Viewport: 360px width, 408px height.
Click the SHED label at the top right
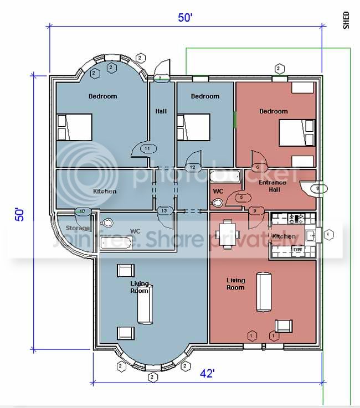click(347, 20)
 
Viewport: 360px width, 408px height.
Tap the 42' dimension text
click(207, 374)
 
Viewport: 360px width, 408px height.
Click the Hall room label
click(161, 111)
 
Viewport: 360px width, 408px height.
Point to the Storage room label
click(78, 228)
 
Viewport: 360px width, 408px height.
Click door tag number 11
click(147, 148)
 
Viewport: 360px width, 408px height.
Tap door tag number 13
click(164, 210)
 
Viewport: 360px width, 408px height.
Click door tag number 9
click(255, 210)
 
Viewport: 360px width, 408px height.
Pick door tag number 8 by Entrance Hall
click(316, 189)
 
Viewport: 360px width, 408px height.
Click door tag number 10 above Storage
click(83, 211)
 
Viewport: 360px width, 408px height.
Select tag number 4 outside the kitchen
click(329, 234)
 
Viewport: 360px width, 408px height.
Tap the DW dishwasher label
click(297, 250)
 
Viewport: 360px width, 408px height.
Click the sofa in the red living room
click(263, 292)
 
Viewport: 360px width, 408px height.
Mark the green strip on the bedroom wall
click(234, 120)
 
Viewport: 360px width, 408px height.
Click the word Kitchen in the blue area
click(105, 191)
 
